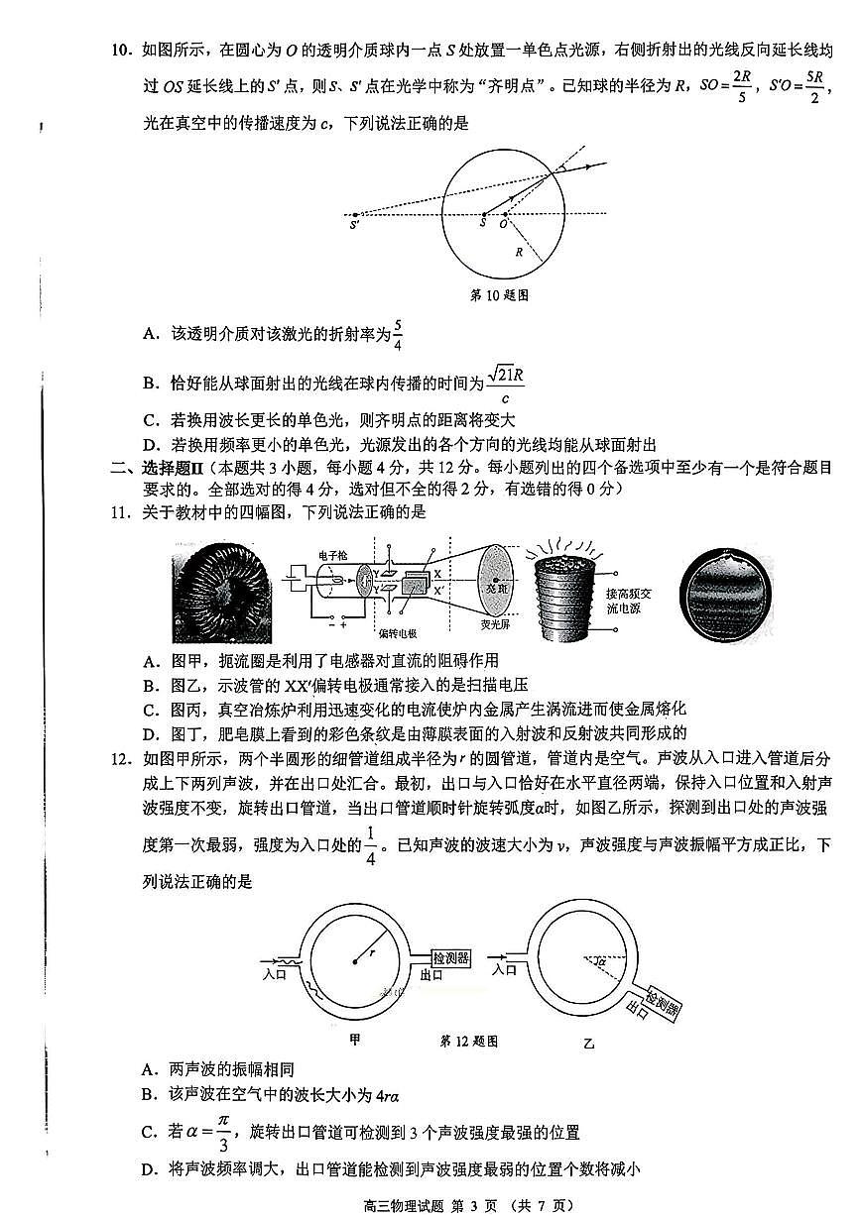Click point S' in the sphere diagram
[354, 225]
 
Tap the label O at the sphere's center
[504, 225]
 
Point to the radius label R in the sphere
[518, 253]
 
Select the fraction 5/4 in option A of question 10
[397, 335]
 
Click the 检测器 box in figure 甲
[450, 958]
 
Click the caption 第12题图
[467, 1042]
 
